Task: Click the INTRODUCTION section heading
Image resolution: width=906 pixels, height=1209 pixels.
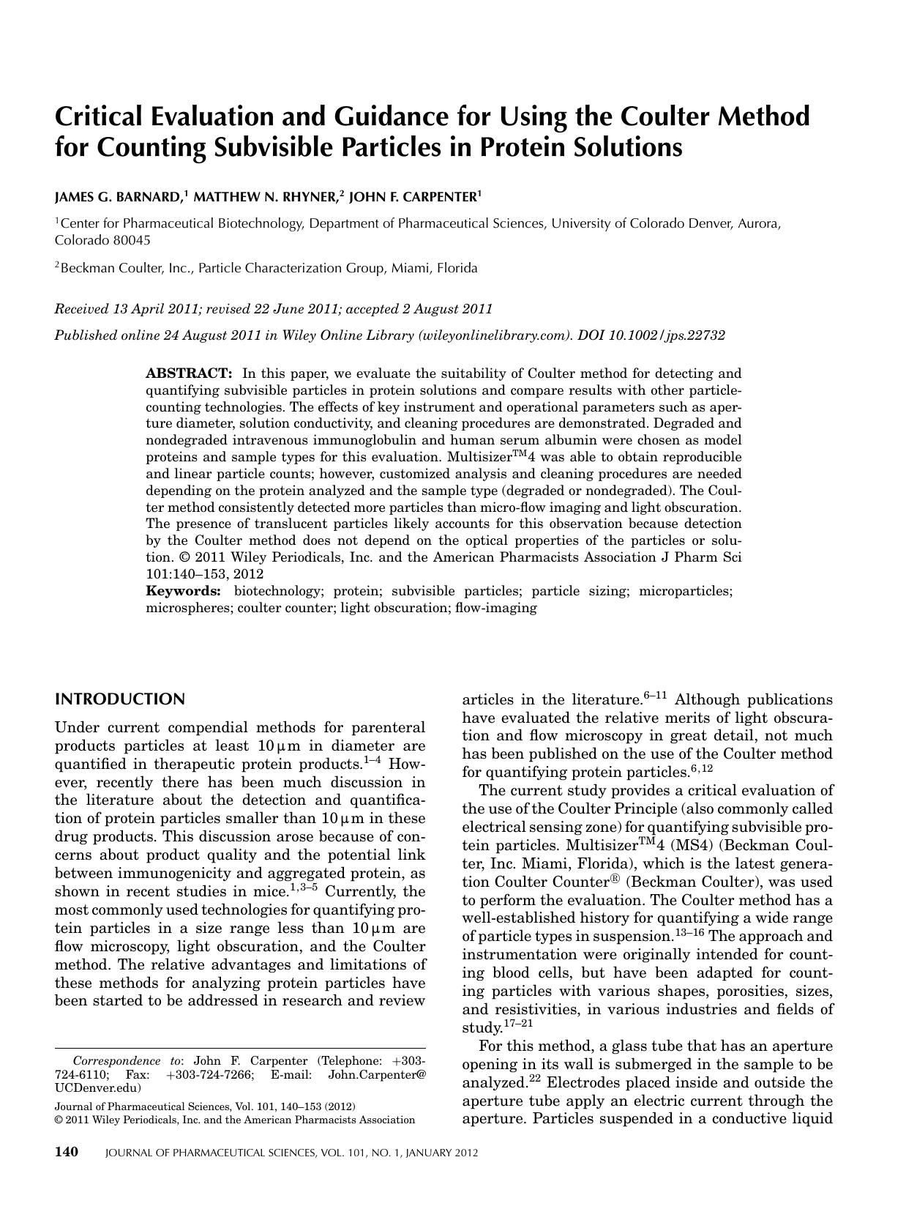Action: [120, 699]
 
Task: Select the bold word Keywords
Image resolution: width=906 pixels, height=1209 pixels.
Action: [183, 591]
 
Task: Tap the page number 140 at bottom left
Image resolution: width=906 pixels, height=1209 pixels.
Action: [67, 1152]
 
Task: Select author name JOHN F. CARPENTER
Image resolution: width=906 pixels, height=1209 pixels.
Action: [413, 197]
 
